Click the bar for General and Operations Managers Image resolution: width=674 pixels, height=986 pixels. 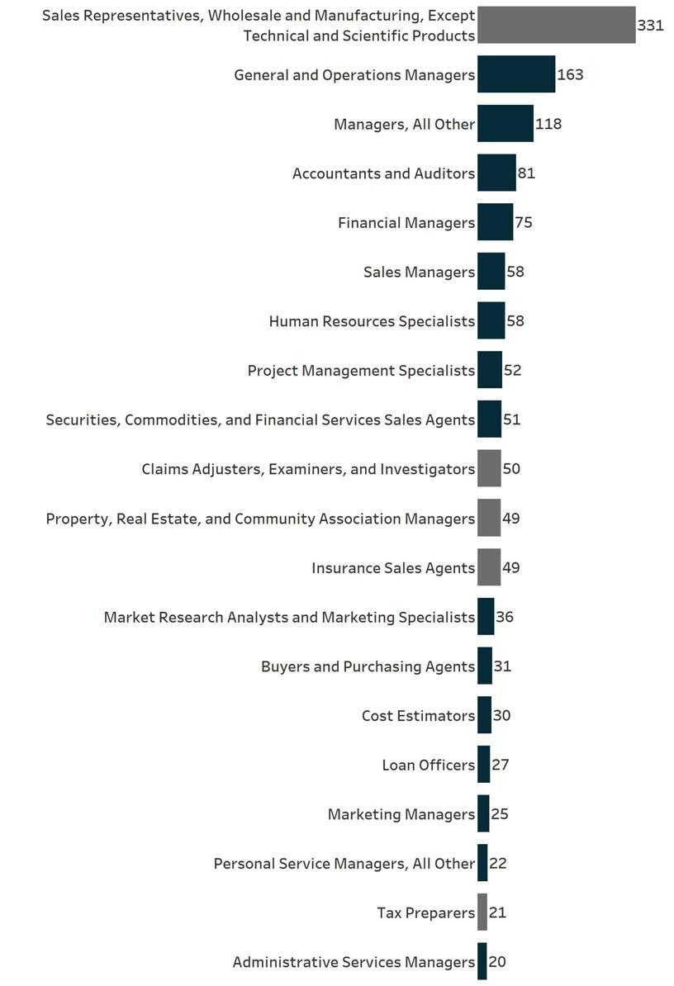(516, 74)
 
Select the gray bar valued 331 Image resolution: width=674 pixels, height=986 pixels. (556, 25)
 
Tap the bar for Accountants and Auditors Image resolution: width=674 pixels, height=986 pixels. (496, 173)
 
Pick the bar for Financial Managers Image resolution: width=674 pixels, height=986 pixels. (495, 222)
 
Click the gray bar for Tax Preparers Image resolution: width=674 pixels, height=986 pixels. (482, 913)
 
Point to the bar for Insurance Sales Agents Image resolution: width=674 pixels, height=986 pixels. (489, 567)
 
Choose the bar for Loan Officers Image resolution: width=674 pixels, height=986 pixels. (483, 765)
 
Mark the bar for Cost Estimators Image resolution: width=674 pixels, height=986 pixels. (484, 715)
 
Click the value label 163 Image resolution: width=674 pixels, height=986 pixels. (571, 74)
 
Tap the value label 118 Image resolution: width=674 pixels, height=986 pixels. (548, 124)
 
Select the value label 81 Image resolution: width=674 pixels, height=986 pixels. (527, 173)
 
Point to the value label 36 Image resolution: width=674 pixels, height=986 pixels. (505, 617)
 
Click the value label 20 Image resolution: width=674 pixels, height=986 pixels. (497, 962)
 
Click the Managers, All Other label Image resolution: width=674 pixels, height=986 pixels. (404, 124)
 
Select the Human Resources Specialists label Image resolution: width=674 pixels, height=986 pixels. (372, 321)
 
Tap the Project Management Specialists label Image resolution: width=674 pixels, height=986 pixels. (361, 371)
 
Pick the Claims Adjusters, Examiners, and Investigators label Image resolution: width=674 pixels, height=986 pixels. (308, 469)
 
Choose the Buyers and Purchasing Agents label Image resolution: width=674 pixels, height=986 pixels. (368, 666)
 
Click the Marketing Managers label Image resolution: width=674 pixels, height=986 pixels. (401, 814)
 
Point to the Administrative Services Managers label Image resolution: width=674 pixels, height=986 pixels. (354, 962)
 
